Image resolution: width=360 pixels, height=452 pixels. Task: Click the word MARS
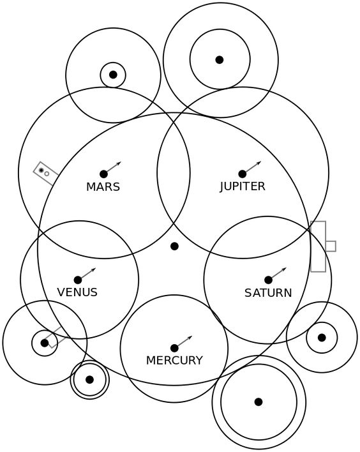[103, 187]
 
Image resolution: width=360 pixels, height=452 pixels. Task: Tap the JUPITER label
[243, 186]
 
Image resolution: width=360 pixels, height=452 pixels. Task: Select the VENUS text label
[77, 292]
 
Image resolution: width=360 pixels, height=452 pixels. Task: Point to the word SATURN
[268, 293]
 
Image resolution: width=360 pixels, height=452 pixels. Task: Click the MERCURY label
[174, 360]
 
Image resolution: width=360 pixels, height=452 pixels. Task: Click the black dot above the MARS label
[104, 174]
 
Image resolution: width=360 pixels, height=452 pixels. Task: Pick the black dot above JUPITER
[243, 174]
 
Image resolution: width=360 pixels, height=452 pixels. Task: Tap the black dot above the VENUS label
[78, 280]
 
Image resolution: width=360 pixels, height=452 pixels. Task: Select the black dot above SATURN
[268, 280]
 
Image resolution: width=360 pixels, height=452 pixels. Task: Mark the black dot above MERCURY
[174, 348]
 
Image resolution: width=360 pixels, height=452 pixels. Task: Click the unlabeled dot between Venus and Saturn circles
[174, 246]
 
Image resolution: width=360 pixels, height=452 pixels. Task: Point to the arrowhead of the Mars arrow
[119, 163]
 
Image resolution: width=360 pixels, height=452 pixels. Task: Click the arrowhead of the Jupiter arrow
[259, 163]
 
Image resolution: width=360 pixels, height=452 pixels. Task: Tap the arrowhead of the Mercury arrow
[190, 337]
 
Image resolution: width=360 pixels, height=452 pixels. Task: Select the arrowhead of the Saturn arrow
[285, 269]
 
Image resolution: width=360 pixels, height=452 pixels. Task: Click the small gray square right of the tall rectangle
[331, 246]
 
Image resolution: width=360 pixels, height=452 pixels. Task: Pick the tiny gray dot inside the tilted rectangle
[41, 170]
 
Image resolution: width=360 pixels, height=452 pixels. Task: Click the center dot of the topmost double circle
[220, 60]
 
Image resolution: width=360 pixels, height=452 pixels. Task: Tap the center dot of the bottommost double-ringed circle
[259, 402]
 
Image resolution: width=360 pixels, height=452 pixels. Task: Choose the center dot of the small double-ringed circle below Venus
[89, 380]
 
